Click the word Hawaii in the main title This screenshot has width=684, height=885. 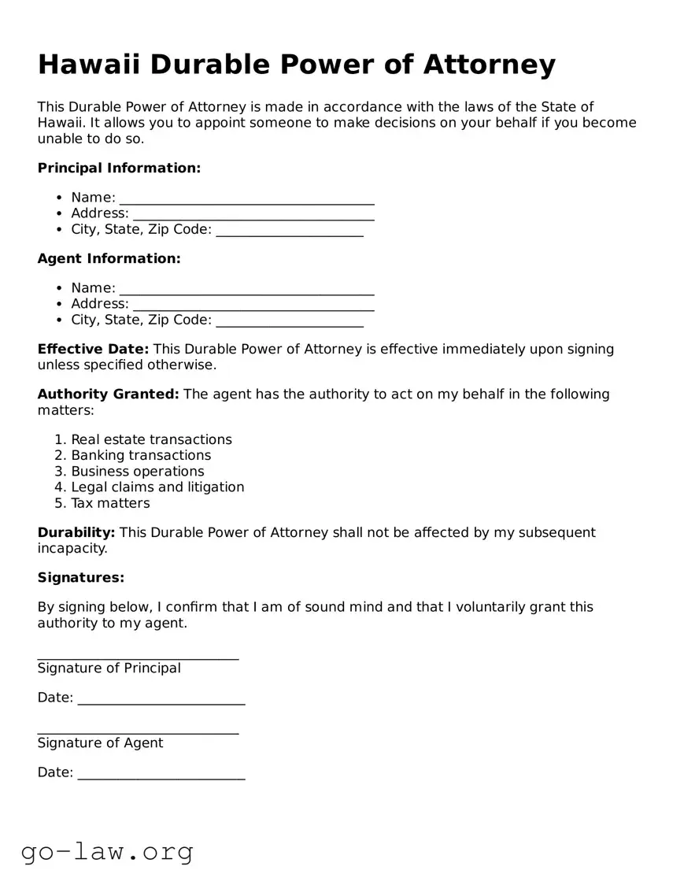[x=89, y=65]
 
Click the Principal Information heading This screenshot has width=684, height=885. [x=119, y=168]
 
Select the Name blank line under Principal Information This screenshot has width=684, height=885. [x=246, y=198]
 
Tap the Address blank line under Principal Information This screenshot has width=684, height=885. [x=253, y=214]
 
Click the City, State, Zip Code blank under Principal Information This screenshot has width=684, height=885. [x=290, y=231]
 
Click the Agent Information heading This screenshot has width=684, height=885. [x=109, y=258]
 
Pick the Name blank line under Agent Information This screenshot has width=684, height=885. [x=246, y=289]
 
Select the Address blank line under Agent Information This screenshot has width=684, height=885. [x=253, y=305]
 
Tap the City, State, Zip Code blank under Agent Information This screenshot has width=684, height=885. [x=290, y=321]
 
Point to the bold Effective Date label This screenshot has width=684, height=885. [x=93, y=349]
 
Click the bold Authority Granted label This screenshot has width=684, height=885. [x=109, y=394]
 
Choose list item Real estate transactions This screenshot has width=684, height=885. [x=151, y=439]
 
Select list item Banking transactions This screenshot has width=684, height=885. [x=141, y=455]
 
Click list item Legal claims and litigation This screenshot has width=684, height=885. [x=157, y=487]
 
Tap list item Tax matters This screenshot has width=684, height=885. [x=110, y=503]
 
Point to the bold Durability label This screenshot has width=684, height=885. [x=76, y=532]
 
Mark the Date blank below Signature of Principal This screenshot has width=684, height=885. [x=161, y=698]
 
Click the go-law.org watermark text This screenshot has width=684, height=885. [x=107, y=851]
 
